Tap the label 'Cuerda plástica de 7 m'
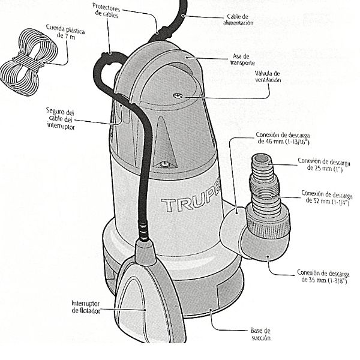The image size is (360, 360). click(62, 31)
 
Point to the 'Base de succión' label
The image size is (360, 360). click(260, 334)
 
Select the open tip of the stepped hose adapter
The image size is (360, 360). click(262, 161)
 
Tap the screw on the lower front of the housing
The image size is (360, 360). click(164, 163)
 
